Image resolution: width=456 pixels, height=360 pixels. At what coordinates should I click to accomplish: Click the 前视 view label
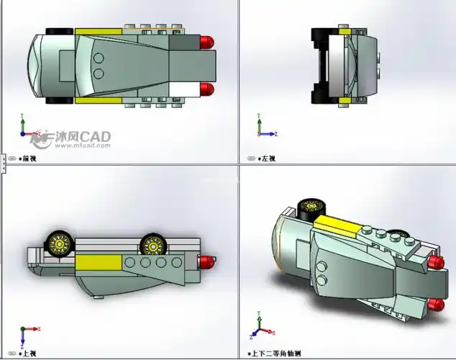(29, 158)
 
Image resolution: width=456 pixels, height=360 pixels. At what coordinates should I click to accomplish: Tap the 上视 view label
(29, 354)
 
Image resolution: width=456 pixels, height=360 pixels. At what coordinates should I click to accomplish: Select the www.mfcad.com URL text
(81, 145)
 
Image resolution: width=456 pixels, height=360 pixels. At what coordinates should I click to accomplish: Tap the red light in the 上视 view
(207, 261)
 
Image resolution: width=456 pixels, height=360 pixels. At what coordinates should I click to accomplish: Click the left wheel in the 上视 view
(59, 244)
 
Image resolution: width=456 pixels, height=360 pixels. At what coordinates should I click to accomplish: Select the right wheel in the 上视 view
(153, 245)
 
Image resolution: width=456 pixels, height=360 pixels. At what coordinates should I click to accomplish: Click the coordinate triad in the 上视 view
(27, 336)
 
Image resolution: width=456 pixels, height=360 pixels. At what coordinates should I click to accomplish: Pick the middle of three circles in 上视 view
(147, 264)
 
